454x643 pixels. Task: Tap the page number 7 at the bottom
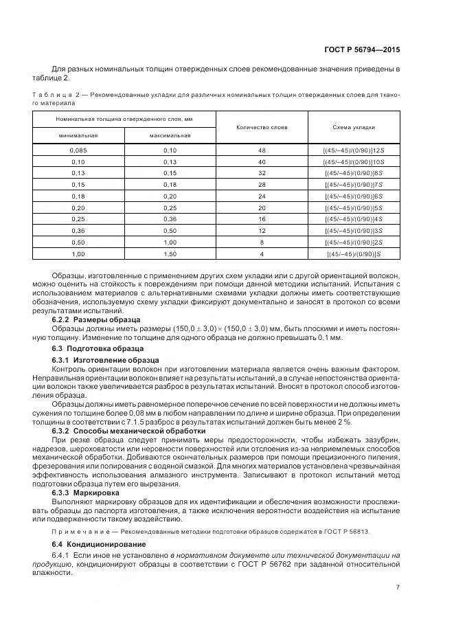click(x=398, y=586)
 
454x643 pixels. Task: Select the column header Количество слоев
click(x=262, y=127)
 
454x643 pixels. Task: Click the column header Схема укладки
click(x=354, y=127)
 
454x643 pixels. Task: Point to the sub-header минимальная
click(x=78, y=135)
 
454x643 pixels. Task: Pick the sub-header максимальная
click(x=170, y=135)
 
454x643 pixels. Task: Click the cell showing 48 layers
click(x=262, y=150)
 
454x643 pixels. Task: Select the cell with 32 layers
click(x=262, y=172)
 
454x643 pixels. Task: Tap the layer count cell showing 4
click(x=262, y=253)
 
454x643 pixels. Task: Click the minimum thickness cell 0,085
click(x=78, y=150)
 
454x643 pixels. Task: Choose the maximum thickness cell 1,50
click(x=170, y=253)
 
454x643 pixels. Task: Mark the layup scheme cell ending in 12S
click(x=353, y=150)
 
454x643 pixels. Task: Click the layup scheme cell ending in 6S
click(x=353, y=196)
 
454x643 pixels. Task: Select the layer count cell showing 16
click(x=262, y=219)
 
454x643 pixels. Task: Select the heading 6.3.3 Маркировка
click(x=86, y=493)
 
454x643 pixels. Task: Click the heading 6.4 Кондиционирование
click(x=96, y=545)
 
